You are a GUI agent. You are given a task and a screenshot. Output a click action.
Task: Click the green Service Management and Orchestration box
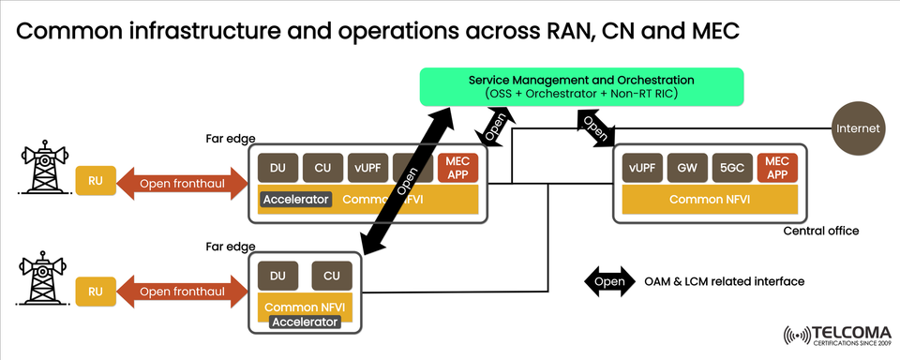click(x=581, y=87)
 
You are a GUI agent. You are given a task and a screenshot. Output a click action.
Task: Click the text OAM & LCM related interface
click(x=724, y=280)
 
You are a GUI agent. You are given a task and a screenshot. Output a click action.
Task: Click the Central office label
click(x=821, y=231)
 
